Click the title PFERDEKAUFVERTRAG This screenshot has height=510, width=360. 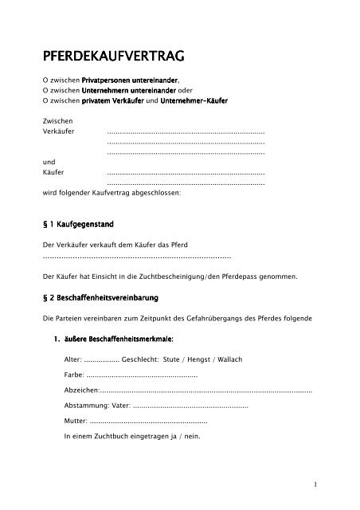114,57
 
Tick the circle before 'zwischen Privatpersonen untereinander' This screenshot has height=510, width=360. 45,81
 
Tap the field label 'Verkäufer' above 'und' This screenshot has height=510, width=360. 57,130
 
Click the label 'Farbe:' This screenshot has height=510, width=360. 73,375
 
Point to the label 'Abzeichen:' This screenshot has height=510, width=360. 80,390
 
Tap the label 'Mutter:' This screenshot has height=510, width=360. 75,421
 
